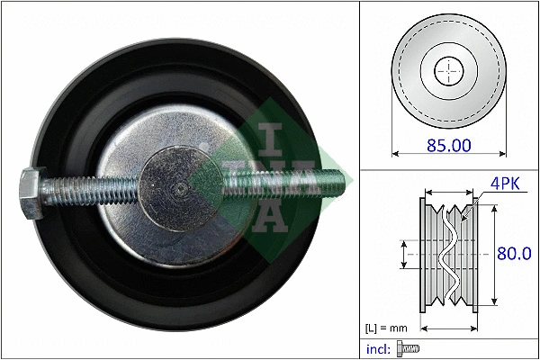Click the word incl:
pos(380,348)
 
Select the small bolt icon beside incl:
pos(409,348)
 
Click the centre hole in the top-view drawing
pos(447,70)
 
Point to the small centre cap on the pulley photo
pos(182,186)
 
